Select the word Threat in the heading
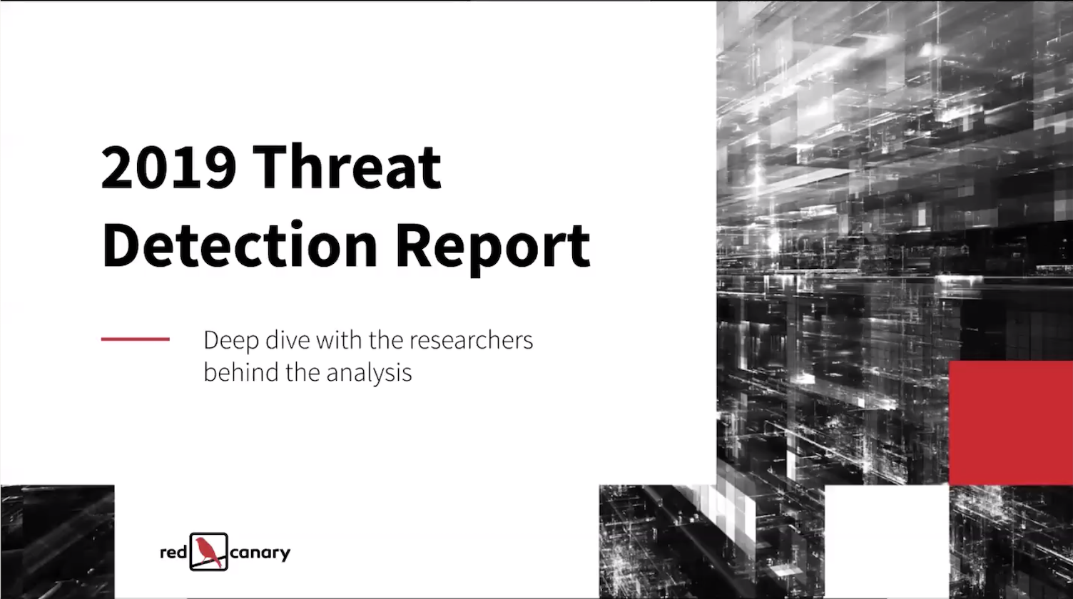347,166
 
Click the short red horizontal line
135,339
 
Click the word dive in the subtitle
288,340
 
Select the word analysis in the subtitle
369,373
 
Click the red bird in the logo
209,552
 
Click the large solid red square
1011,423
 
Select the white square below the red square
887,541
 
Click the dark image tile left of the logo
58,541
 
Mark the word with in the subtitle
338,340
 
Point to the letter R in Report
413,245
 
